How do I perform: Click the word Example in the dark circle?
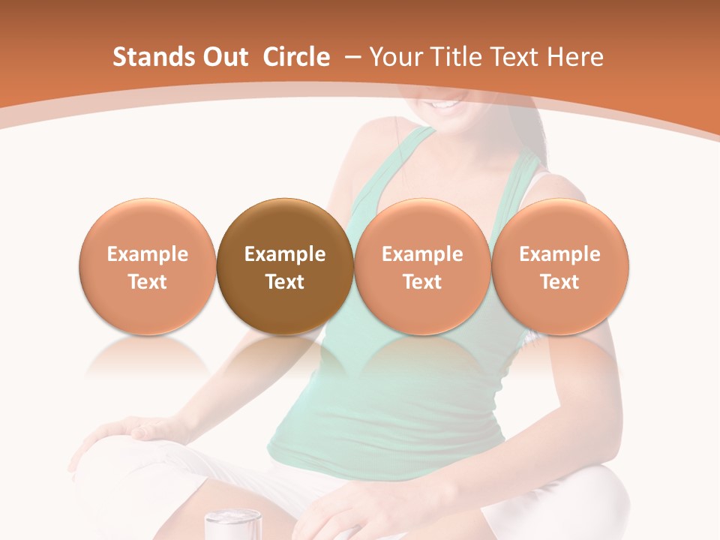(x=285, y=254)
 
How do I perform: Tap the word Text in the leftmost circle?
(x=147, y=282)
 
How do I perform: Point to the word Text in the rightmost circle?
(x=559, y=282)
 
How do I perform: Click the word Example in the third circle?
(x=422, y=254)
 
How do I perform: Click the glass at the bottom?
(x=232, y=524)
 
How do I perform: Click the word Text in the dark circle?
(x=285, y=282)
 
